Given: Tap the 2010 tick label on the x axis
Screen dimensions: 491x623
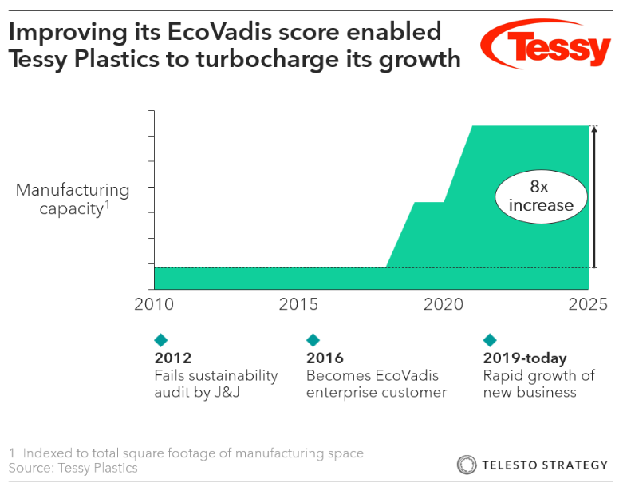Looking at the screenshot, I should coord(154,304).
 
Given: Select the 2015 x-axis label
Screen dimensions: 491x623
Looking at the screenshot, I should coord(298,304).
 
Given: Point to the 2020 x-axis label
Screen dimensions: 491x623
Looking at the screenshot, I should coord(444,304).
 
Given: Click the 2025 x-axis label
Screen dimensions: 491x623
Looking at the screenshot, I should coord(587,304).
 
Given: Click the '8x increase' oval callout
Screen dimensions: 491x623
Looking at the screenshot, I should coord(540,196).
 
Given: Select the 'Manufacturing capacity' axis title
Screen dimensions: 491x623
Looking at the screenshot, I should coord(73,200).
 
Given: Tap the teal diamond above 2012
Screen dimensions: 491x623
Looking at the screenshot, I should coord(161,340).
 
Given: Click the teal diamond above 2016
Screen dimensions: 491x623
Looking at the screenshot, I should coord(313,340).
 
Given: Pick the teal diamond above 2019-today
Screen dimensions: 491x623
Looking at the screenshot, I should coord(490,340).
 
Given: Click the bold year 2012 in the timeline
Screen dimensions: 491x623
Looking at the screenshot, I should coord(172,358).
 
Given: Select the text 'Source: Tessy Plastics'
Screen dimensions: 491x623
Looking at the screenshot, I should coord(73,468).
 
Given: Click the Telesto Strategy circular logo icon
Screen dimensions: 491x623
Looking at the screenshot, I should coord(467,465).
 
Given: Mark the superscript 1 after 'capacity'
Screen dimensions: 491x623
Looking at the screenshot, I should coord(107,205).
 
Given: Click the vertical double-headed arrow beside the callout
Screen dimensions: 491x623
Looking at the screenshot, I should coord(594,196).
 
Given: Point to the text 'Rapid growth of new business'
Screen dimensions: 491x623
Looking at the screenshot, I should coord(538,383).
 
